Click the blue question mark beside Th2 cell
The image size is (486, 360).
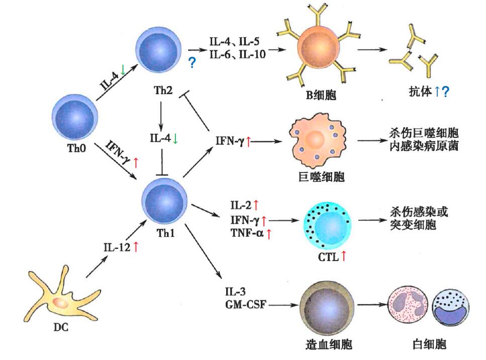191,63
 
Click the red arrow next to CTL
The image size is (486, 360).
344,256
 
